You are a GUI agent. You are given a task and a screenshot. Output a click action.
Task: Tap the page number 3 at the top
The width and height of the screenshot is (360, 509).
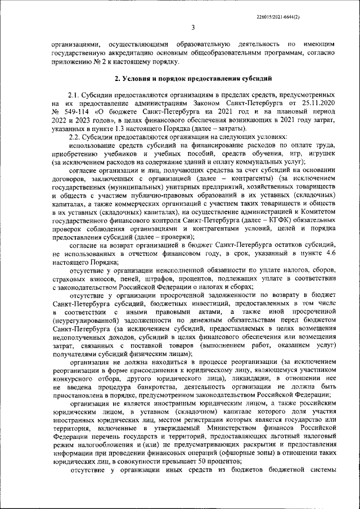click(192, 27)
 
